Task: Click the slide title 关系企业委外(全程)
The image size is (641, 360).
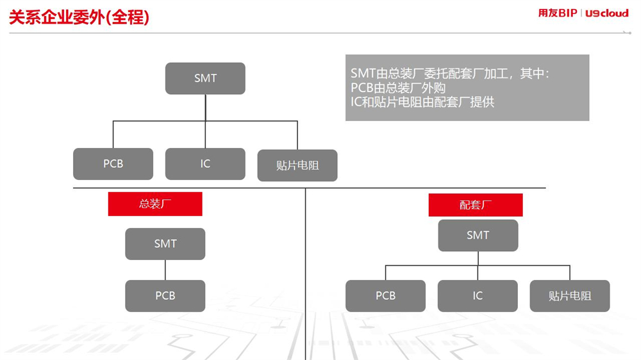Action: coord(79,17)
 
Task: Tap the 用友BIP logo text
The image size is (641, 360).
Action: coord(557,13)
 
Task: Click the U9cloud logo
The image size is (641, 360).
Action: coord(606,13)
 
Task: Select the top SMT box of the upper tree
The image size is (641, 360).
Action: coord(205,78)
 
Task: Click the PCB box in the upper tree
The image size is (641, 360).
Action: coord(113,164)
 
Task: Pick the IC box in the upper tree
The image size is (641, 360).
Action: coord(205,164)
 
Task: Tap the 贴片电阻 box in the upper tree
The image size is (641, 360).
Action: coord(297,165)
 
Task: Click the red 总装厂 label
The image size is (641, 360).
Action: coord(155,204)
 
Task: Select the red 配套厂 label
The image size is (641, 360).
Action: coord(476,205)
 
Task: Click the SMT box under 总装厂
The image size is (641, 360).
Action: coord(165,244)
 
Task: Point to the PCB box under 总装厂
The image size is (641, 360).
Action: coord(165,296)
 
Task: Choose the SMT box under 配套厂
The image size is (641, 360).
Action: coord(478,235)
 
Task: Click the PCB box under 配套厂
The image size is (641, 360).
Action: coord(385,296)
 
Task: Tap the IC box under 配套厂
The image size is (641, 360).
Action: coord(478,296)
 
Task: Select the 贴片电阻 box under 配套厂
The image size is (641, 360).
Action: coord(570,296)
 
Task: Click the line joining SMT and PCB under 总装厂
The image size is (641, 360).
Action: coord(165,270)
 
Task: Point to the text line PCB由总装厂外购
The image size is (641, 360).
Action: coord(398,88)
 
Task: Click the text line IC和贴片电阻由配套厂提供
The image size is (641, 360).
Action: coord(422,102)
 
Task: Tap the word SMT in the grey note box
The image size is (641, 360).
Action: coord(363,74)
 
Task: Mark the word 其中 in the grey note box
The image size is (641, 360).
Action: coord(532,74)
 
